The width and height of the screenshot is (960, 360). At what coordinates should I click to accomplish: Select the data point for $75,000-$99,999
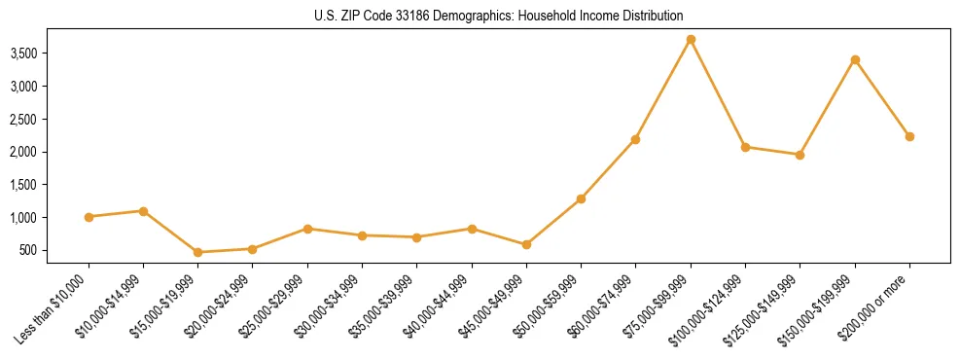tap(691, 40)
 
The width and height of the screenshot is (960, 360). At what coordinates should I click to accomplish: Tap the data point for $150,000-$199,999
tap(855, 60)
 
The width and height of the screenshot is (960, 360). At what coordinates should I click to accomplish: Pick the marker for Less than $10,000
tap(89, 217)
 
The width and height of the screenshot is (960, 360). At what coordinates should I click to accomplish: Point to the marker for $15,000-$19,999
tap(198, 252)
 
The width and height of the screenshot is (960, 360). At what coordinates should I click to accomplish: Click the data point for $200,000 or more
tap(909, 136)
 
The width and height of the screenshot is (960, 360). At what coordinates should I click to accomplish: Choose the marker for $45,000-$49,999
tap(526, 244)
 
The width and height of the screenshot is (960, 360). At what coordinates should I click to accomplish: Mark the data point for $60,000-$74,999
tap(635, 139)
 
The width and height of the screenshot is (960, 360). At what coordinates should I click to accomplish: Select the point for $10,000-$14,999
tap(143, 211)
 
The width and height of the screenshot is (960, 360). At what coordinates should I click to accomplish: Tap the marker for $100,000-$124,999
tap(745, 147)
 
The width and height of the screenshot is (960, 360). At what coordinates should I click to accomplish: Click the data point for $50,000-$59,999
tap(581, 198)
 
